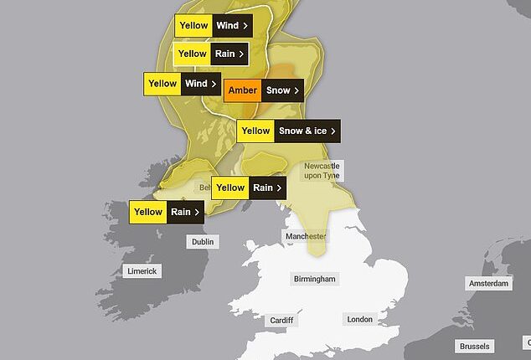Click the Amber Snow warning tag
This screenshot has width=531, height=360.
262,90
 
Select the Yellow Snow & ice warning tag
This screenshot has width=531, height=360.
289,131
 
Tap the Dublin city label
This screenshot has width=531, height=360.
203,242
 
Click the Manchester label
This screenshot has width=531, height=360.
305,237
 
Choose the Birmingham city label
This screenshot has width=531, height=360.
315,279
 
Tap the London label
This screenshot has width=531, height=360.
359,320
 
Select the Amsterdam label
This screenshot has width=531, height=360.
489,284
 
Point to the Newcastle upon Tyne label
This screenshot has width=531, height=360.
323,171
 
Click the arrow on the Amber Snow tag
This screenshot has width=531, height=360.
296,90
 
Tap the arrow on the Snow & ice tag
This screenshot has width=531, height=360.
333,131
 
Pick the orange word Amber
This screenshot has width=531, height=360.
243,90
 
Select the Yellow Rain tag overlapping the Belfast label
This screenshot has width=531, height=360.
249,188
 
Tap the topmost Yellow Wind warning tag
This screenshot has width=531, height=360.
214,25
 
